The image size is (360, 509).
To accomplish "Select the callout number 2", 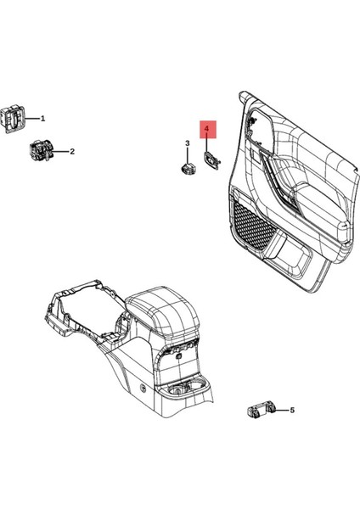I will [72, 152].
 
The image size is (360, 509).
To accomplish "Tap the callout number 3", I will [188, 143].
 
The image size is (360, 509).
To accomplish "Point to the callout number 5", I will [292, 411].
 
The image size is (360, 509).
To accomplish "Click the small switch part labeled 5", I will [259, 412].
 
